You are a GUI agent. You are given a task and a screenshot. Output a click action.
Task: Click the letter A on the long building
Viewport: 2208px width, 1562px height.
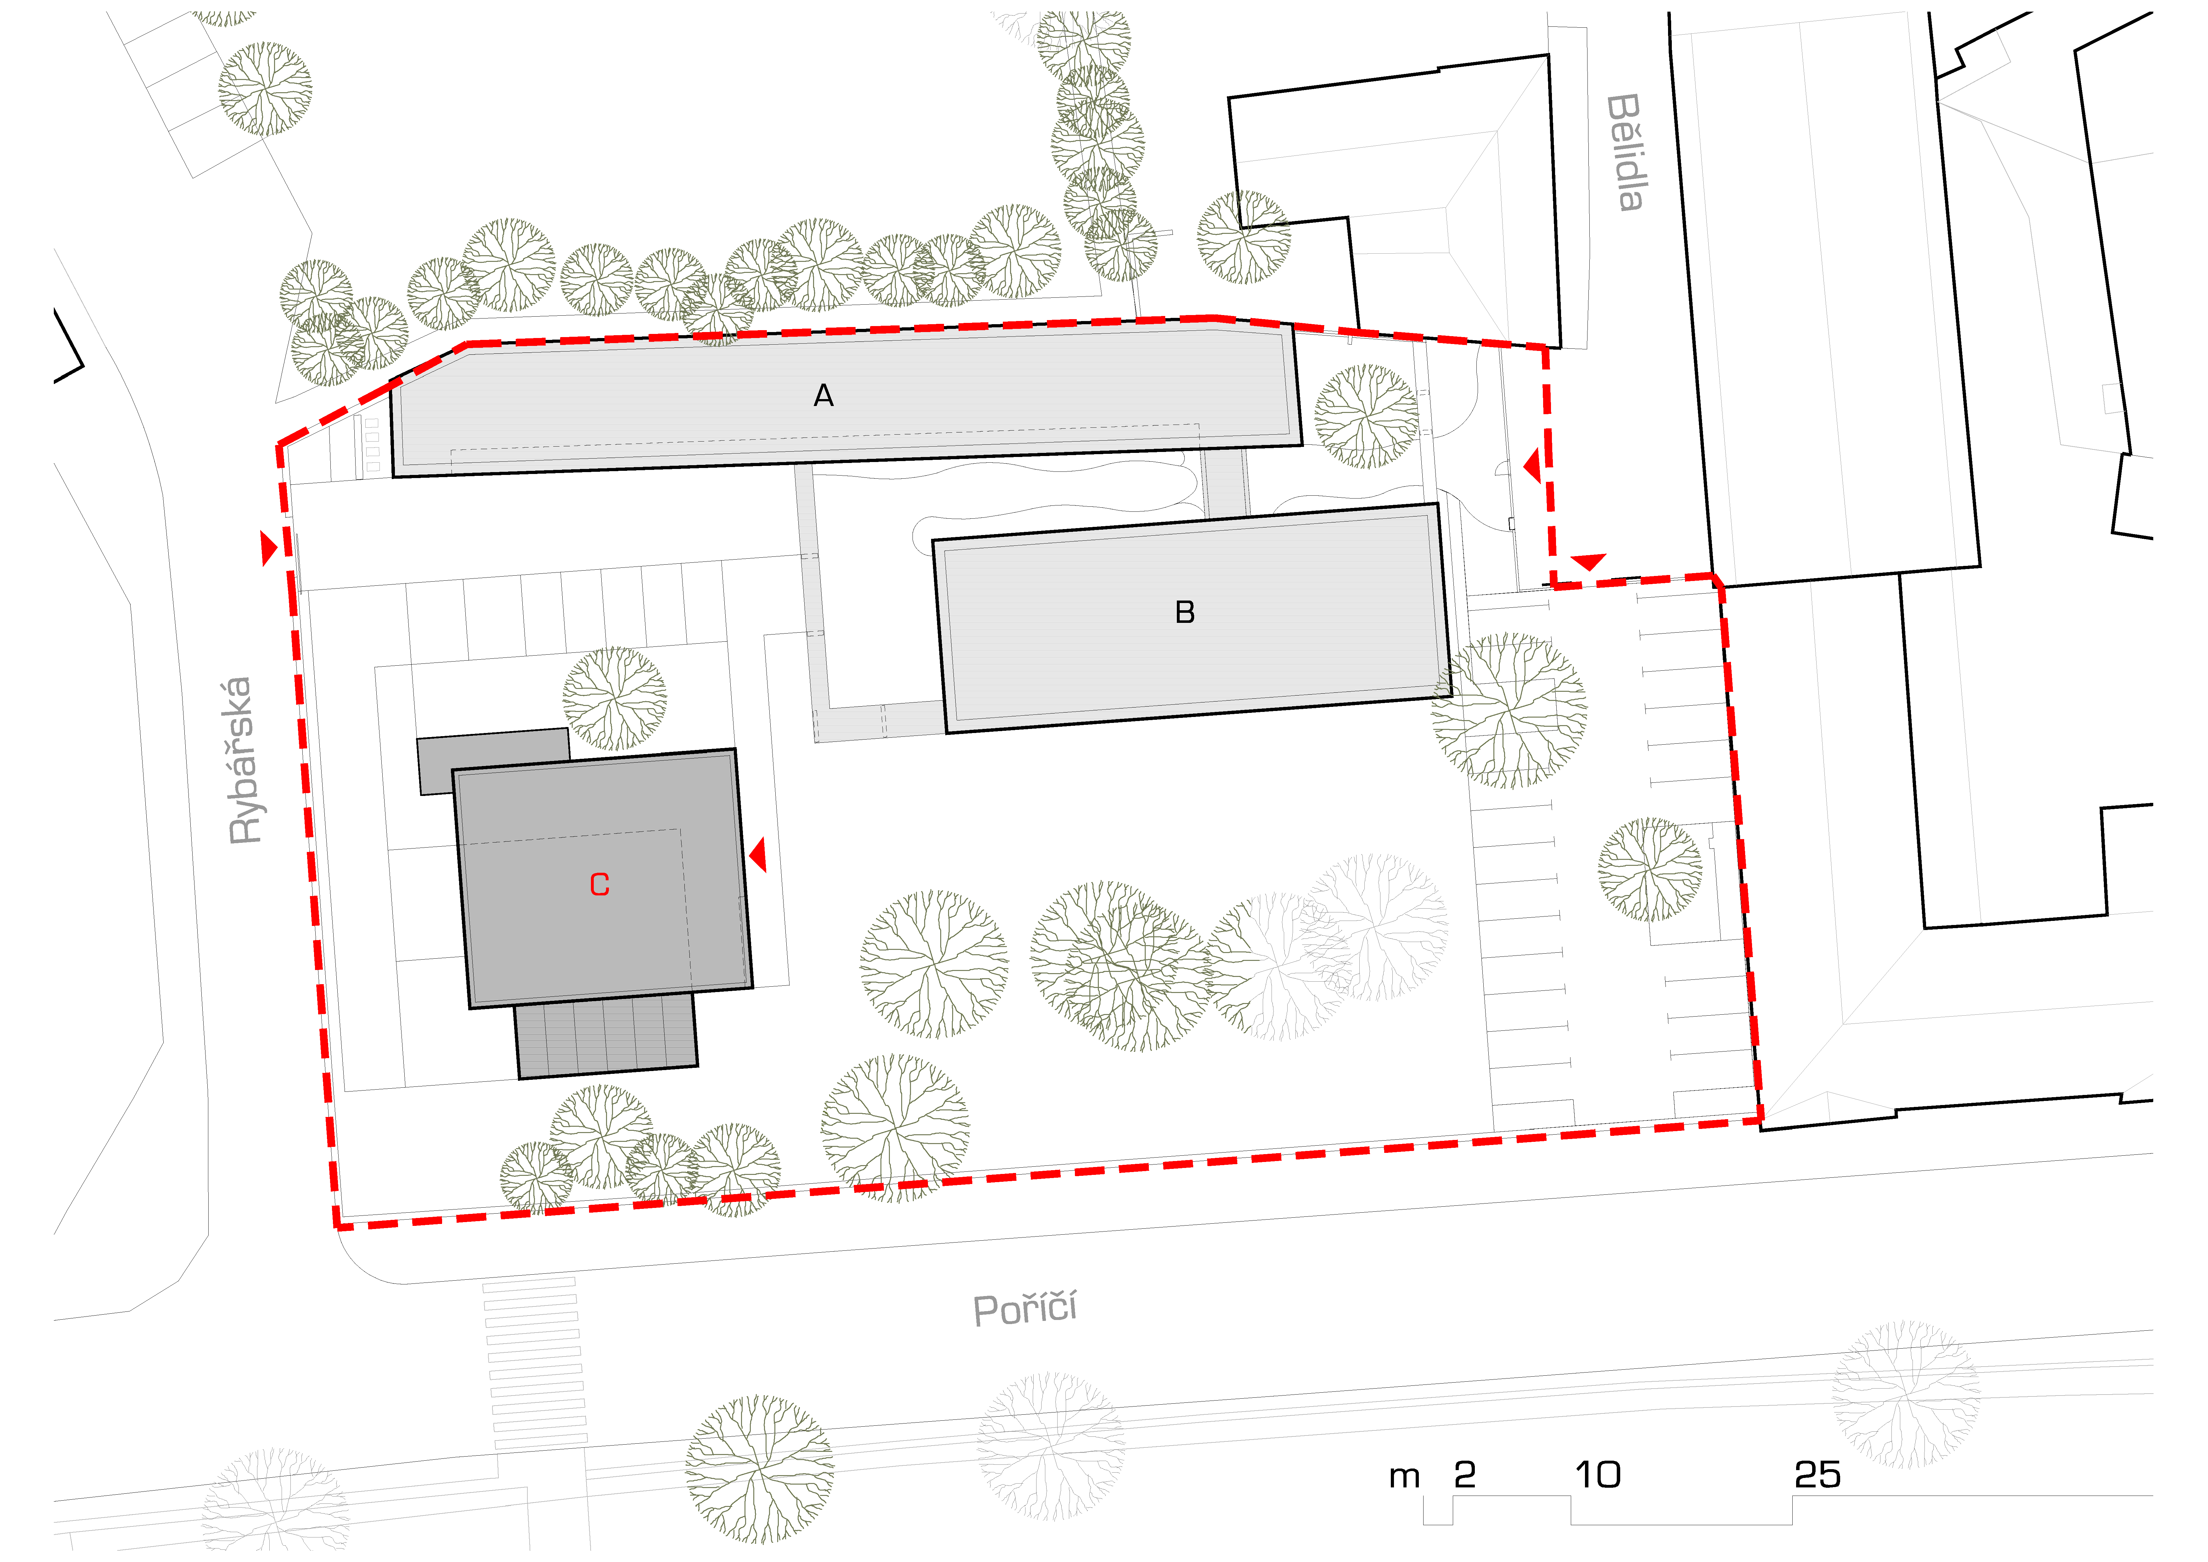823,395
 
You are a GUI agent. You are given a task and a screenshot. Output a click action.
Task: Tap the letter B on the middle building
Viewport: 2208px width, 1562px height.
1185,613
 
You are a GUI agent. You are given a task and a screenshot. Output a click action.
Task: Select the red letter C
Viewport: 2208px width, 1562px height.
599,885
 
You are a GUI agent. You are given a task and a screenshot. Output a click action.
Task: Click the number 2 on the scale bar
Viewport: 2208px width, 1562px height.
1465,1475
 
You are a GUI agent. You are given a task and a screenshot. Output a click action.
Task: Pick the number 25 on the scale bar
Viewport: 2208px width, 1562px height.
1818,1475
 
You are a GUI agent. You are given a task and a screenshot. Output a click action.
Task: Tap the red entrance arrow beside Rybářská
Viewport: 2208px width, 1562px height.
269,548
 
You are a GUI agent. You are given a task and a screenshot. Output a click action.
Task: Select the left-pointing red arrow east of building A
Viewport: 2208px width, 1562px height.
1532,467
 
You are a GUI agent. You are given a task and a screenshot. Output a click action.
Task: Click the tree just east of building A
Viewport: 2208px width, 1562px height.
1367,416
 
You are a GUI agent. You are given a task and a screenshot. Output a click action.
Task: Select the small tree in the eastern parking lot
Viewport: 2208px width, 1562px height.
1650,870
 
